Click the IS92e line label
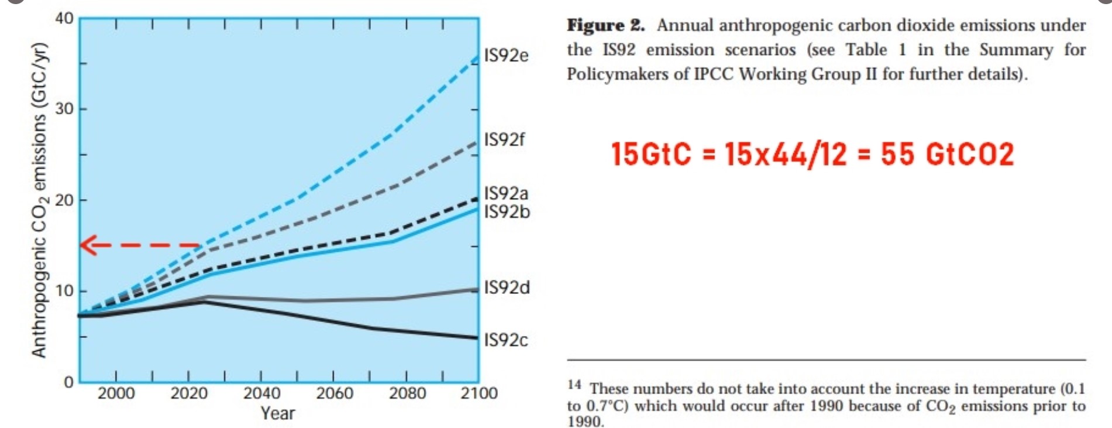pyautogui.click(x=506, y=56)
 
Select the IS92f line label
pyautogui.click(x=504, y=140)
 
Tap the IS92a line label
pyautogui.click(x=506, y=193)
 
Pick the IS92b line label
pyautogui.click(x=507, y=211)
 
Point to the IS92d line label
pyautogui.click(x=507, y=287)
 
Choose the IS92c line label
pyautogui.click(x=506, y=340)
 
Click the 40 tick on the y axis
pyautogui.click(x=64, y=19)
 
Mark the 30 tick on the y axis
pyautogui.click(x=64, y=109)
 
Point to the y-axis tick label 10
pyautogui.click(x=64, y=291)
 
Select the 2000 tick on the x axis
pyautogui.click(x=116, y=393)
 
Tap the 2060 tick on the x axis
pyautogui.click(x=335, y=393)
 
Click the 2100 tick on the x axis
pyautogui.click(x=478, y=393)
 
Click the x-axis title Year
pyautogui.click(x=278, y=413)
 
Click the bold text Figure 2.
pyautogui.click(x=605, y=26)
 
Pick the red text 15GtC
pyautogui.click(x=650, y=155)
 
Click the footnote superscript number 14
pyautogui.click(x=574, y=385)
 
